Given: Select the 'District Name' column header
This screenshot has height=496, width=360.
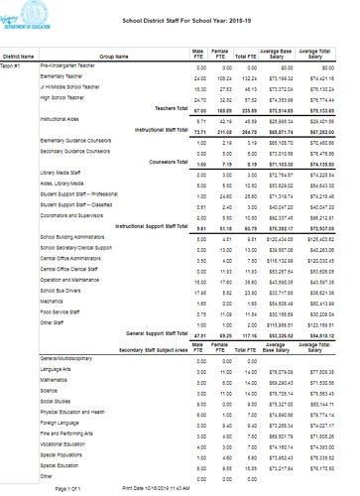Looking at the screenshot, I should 19,57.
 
